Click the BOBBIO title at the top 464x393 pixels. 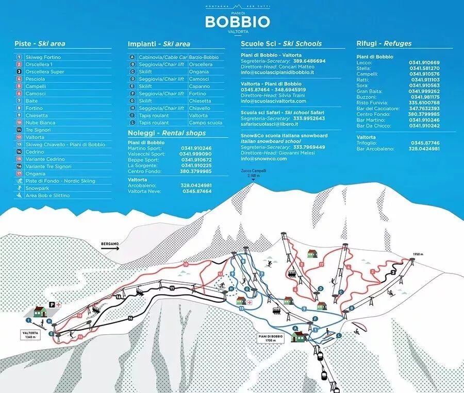[x=237, y=21]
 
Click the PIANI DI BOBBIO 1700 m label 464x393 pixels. [x=271, y=338]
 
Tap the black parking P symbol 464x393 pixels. [x=52, y=304]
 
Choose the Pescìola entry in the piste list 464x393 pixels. [x=35, y=79]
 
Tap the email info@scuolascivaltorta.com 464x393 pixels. [x=277, y=101]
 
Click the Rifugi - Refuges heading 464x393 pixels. [x=384, y=44]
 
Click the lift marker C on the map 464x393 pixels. [x=340, y=292]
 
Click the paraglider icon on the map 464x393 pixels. [x=357, y=329]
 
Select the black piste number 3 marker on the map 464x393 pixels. [x=393, y=272]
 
